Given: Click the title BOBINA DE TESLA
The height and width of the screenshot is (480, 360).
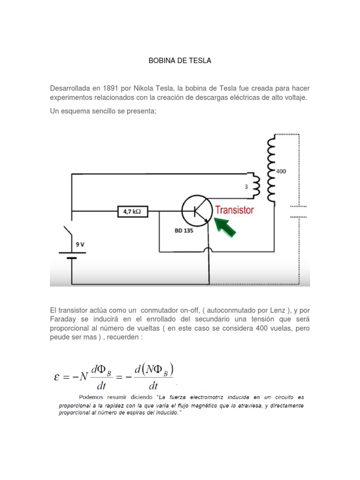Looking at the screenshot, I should pyautogui.click(x=180, y=61).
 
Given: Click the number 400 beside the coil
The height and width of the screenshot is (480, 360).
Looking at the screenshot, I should pyautogui.click(x=280, y=171).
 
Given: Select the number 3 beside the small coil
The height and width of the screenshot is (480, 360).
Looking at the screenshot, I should pyautogui.click(x=246, y=187).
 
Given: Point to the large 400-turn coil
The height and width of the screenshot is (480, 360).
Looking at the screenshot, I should pyautogui.click(x=271, y=169).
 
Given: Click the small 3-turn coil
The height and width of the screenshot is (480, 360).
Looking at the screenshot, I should pyautogui.click(x=255, y=186).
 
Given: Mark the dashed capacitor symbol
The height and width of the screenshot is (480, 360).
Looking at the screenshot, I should pyautogui.click(x=298, y=211).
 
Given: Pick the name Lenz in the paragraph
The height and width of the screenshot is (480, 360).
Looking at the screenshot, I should pyautogui.click(x=269, y=310).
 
